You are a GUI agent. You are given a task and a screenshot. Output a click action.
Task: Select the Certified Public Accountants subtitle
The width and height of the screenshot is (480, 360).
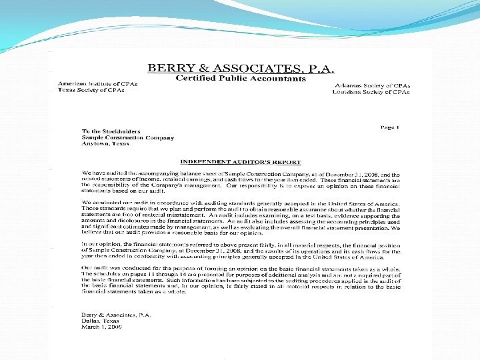[x=240, y=79]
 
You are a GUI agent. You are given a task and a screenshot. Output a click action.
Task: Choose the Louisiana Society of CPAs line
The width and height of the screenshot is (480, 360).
[x=371, y=93]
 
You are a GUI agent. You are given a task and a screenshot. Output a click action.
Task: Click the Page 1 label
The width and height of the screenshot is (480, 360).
[x=389, y=127]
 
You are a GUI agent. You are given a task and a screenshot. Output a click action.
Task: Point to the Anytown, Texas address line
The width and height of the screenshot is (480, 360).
[x=106, y=145]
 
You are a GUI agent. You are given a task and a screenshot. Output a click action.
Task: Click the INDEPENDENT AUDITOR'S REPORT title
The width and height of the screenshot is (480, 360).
[x=241, y=162]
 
